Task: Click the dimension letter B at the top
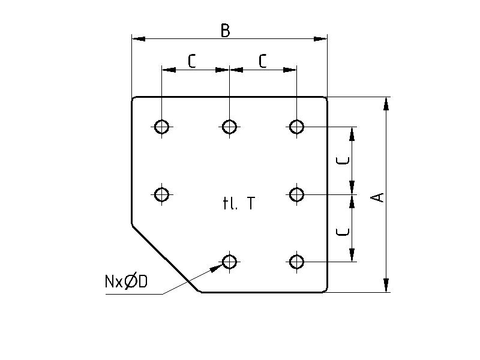coord(225,31)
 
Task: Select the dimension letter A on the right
coord(378,197)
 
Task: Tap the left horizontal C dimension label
coord(192,61)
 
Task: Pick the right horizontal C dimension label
coord(263,61)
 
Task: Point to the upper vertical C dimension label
coord(343,160)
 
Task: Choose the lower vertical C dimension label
coord(343,230)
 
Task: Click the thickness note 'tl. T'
coord(238,204)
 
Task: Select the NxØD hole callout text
coord(126,281)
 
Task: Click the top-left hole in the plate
coord(161,127)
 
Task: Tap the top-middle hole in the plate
coord(229,127)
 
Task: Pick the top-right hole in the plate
coord(296,127)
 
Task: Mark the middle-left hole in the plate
coord(161,194)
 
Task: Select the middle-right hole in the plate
coord(296,194)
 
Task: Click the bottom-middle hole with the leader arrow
coord(229,262)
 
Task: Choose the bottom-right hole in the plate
coord(296,262)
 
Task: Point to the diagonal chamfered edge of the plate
coord(166,259)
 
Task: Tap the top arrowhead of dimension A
coord(386,103)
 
